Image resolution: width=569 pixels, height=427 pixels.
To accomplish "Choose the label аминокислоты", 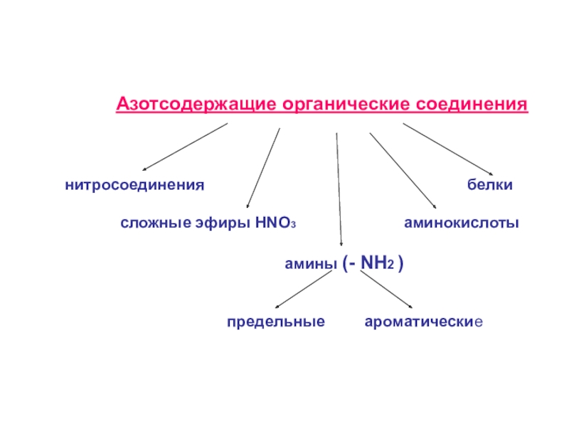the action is pyautogui.click(x=462, y=223).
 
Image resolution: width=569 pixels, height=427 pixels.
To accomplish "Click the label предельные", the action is pyautogui.click(x=276, y=322).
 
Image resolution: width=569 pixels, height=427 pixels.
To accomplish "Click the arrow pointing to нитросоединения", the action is pyautogui.click(x=185, y=147).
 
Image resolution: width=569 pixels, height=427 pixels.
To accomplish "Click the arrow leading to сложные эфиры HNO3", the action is pyautogui.click(x=262, y=168).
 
